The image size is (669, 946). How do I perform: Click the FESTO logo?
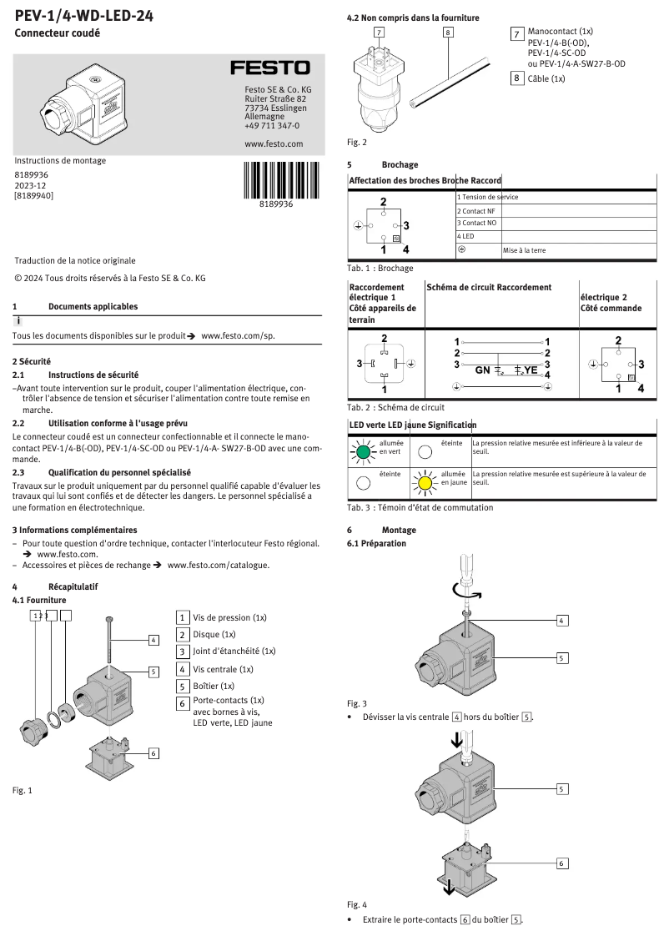[x=269, y=68]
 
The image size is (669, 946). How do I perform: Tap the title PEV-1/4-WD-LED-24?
[x=83, y=15]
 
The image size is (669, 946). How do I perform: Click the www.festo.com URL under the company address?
[x=273, y=143]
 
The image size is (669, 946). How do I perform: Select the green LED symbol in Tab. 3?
[x=361, y=451]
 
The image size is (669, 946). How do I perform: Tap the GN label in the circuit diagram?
[x=483, y=369]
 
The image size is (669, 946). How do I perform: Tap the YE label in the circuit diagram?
[x=530, y=369]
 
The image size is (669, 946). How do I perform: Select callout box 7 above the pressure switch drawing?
[x=380, y=33]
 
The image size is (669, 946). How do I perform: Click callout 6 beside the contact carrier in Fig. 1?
[x=153, y=753]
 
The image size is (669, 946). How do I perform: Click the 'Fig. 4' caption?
[x=356, y=904]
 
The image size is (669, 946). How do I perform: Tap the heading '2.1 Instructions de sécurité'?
[x=75, y=375]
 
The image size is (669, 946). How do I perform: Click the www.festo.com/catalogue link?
[x=219, y=565]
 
